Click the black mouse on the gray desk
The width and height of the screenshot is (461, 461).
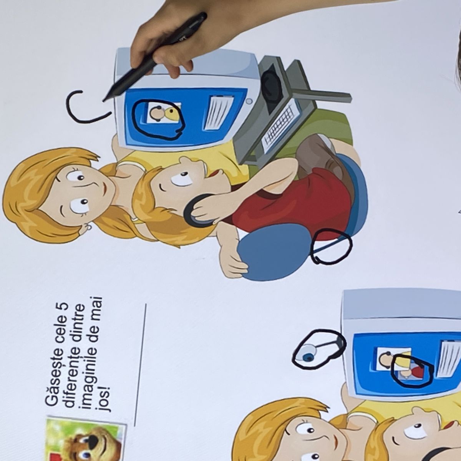[x=272, y=84]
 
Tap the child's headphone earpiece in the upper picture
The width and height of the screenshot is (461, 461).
[x=198, y=211]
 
